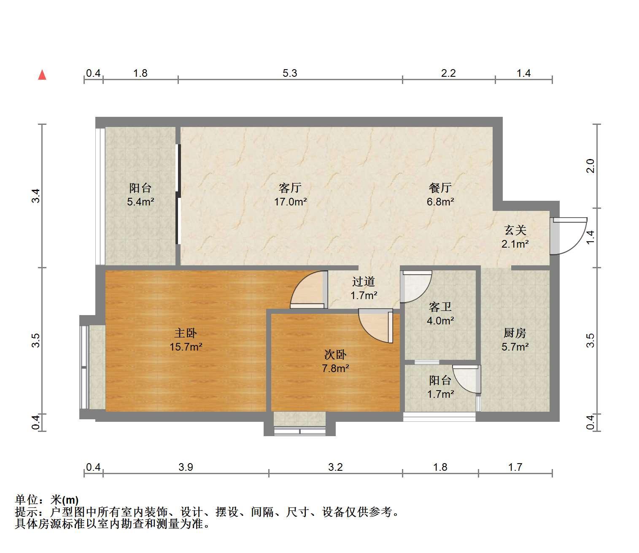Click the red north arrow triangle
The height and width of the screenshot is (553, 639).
tap(42, 75)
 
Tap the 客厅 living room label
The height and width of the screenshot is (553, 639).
tap(290, 188)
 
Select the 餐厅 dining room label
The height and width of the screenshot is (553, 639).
tap(440, 188)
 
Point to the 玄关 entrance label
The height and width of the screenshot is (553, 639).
tap(515, 230)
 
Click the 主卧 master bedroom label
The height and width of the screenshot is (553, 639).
tap(186, 333)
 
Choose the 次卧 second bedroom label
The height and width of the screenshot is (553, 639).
tap(335, 355)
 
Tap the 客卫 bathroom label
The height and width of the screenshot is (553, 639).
tap(440, 307)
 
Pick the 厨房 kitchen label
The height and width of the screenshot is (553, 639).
tap(515, 333)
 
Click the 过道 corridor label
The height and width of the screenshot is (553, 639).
tap(364, 282)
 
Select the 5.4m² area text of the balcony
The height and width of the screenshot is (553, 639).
tap(140, 202)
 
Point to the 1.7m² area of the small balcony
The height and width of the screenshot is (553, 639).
tap(441, 394)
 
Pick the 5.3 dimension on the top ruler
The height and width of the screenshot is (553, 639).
tap(290, 73)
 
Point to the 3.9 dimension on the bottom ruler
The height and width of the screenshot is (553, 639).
tap(186, 467)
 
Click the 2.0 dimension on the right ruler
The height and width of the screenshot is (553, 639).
tap(590, 166)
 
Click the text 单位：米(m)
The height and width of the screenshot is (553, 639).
tap(47, 500)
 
